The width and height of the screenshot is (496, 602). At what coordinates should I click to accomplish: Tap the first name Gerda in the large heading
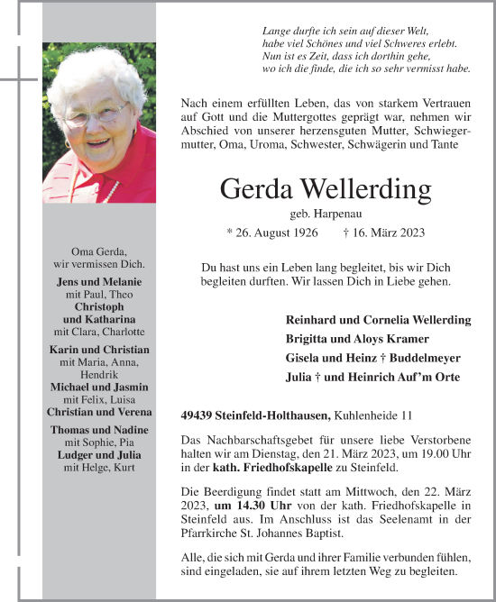tap(254, 191)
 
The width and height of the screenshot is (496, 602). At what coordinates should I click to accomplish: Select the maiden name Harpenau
tap(326, 214)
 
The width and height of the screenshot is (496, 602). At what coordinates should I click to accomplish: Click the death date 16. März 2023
tap(389, 233)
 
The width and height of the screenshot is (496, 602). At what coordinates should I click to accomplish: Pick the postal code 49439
tap(198, 415)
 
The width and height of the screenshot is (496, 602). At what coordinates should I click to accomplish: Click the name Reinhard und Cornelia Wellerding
tap(378, 320)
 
